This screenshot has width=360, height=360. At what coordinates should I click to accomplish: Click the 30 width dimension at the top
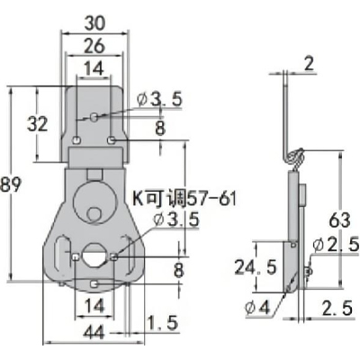(94, 23)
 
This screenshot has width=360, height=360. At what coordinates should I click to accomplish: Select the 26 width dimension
(94, 46)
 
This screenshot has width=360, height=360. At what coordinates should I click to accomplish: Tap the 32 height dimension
(38, 124)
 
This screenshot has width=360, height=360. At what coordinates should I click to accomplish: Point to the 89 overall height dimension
(11, 184)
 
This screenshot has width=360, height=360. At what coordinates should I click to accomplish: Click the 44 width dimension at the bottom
(94, 332)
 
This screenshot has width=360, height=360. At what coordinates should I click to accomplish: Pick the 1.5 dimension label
(164, 323)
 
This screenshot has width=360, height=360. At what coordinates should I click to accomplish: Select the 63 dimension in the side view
(339, 220)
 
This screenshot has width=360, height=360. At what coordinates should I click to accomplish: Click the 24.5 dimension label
(256, 267)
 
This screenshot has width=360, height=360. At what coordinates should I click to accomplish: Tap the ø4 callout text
(257, 308)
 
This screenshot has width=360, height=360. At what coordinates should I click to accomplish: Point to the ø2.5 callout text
(336, 245)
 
